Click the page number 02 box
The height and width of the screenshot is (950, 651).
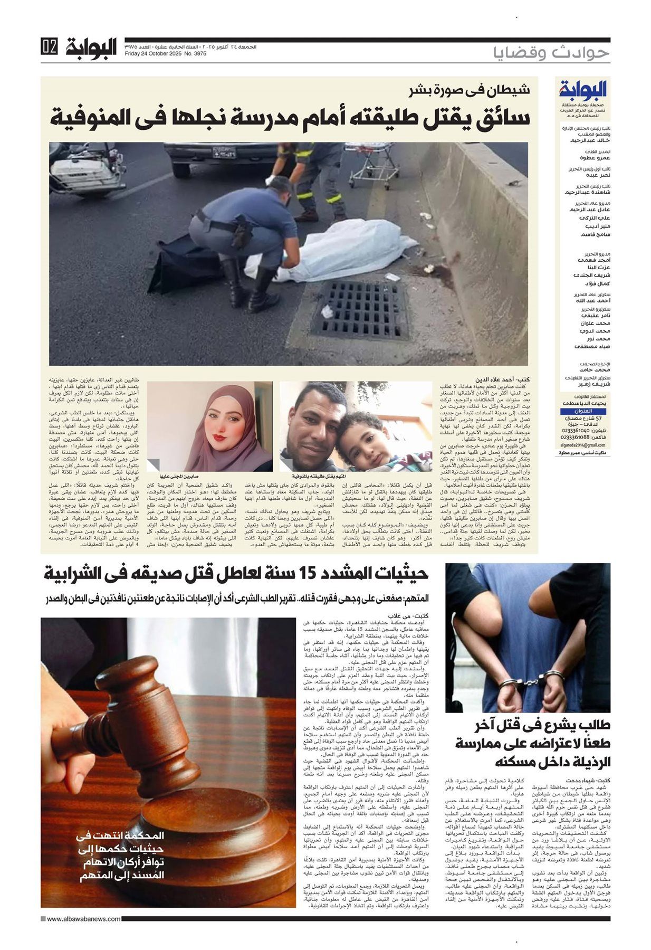(x=49, y=47)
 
